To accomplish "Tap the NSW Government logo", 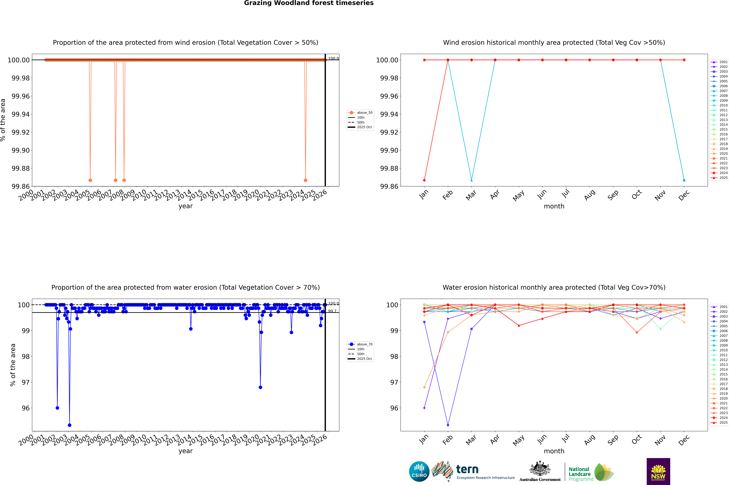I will (x=658, y=471).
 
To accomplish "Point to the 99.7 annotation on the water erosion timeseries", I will (x=332, y=311).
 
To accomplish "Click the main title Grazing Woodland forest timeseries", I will (x=309, y=3).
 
